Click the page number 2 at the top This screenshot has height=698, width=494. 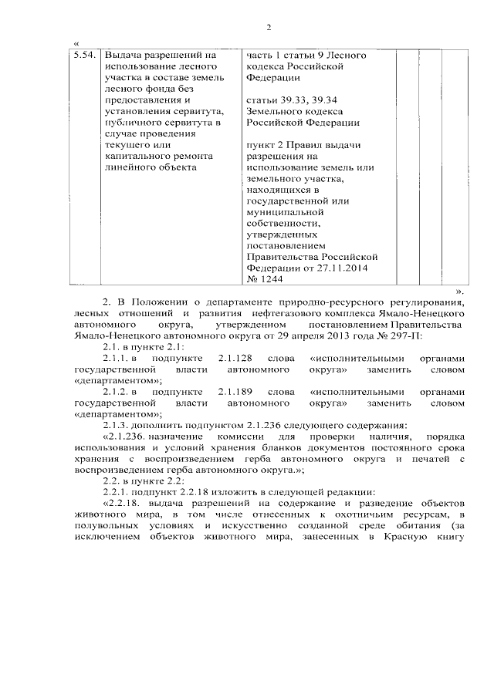269,29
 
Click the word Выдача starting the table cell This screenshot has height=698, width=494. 121,56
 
